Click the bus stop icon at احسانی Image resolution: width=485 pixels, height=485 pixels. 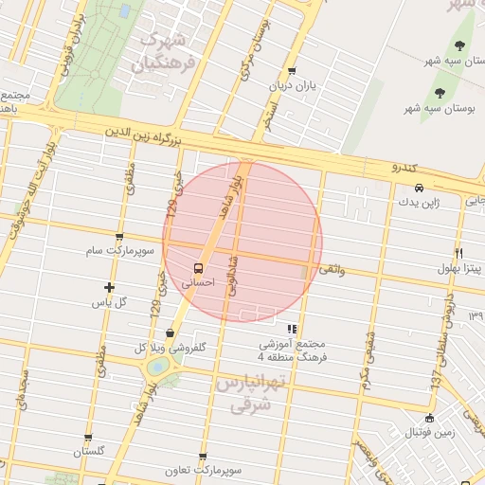(x=198, y=268)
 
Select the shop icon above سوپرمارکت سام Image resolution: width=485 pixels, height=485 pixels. (x=118, y=237)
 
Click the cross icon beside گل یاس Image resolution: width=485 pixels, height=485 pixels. (x=110, y=287)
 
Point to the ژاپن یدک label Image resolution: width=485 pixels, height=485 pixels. (x=419, y=202)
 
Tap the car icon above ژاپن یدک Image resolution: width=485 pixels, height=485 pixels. (x=419, y=188)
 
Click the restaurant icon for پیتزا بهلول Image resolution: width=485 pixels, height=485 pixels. (x=458, y=254)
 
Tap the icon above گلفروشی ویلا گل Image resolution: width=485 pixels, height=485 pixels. (x=170, y=332)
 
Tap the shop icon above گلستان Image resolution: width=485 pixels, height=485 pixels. (x=88, y=438)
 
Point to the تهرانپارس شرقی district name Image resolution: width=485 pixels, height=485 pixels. (x=244, y=393)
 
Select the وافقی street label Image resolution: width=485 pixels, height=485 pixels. (x=332, y=271)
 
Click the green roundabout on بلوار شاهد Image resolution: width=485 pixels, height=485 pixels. (x=158, y=366)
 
